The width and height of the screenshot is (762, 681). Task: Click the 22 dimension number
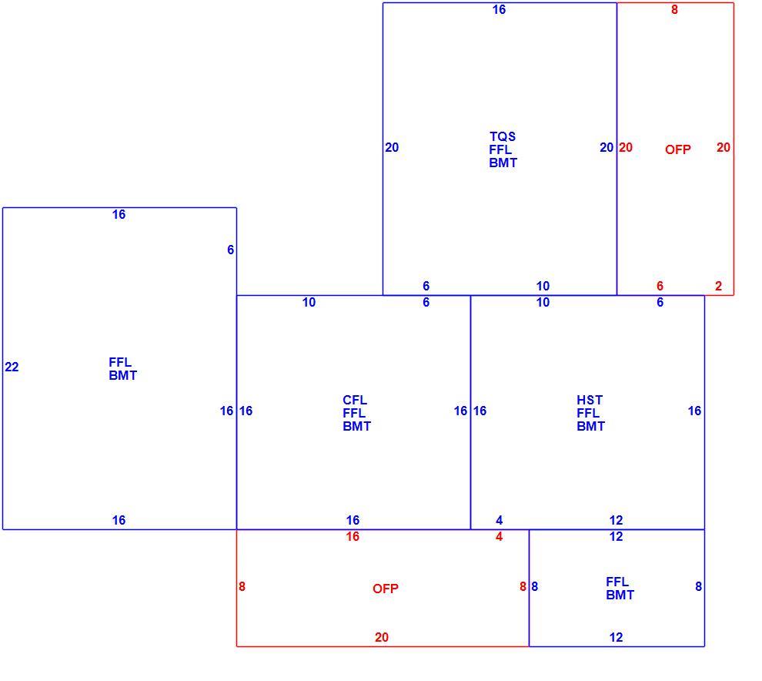[12, 367]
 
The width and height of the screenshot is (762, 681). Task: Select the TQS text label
[503, 136]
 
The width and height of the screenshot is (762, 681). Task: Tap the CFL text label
[355, 401]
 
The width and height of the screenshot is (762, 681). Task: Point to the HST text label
[590, 401]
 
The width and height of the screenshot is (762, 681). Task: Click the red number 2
[718, 287]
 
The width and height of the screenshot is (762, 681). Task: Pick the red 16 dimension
[353, 536]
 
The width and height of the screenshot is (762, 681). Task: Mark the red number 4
[499, 536]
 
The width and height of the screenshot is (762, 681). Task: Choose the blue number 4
[499, 521]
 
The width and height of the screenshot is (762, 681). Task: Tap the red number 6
[660, 287]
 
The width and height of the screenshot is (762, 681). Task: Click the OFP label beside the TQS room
[678, 149]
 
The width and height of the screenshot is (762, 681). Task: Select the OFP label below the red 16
[386, 589]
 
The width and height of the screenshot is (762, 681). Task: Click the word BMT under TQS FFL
[503, 163]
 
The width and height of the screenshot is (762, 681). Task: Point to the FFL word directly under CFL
[354, 414]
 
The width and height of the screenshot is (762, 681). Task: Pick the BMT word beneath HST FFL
[591, 427]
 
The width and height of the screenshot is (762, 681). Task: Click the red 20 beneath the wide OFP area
[382, 637]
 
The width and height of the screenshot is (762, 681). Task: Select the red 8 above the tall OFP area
[674, 10]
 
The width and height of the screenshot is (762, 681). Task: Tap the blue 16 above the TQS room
[499, 10]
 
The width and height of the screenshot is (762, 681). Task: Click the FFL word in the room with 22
[120, 362]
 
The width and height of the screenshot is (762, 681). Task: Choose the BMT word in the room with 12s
[620, 595]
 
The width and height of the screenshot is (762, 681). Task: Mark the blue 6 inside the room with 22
[230, 250]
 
